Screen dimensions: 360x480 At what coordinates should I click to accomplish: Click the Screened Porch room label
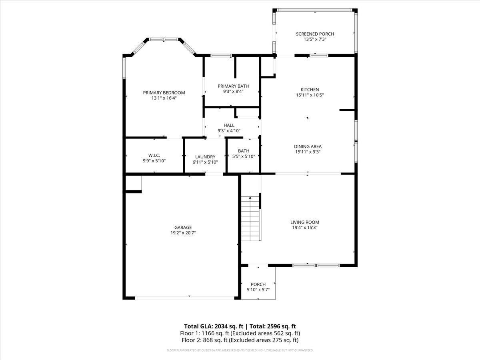pos(315,34)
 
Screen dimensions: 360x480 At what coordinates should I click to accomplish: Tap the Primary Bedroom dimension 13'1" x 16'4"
pos(164,98)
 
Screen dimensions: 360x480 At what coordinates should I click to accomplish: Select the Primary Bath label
pos(233,86)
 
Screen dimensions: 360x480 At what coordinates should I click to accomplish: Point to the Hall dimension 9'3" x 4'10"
pos(229,131)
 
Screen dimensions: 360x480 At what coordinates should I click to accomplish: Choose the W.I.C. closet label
pos(154,155)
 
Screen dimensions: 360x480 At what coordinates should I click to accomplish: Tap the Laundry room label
pos(205,157)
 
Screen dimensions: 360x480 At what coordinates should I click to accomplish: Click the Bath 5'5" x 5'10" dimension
pos(244,156)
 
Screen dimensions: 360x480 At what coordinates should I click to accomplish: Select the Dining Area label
pos(308,146)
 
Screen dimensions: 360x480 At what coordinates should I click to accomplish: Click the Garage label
pos(183,227)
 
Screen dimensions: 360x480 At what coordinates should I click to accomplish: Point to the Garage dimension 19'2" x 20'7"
pos(183,233)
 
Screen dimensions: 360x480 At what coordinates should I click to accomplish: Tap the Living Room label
pos(305,222)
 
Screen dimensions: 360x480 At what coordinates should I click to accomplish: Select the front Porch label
pos(258,284)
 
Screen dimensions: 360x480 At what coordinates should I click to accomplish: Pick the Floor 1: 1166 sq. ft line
pos(240,333)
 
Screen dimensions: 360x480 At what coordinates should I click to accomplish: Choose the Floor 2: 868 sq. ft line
pos(240,340)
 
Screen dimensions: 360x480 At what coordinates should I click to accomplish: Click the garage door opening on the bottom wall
pos(185,298)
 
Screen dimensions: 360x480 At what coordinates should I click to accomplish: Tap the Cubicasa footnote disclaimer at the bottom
pos(240,350)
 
